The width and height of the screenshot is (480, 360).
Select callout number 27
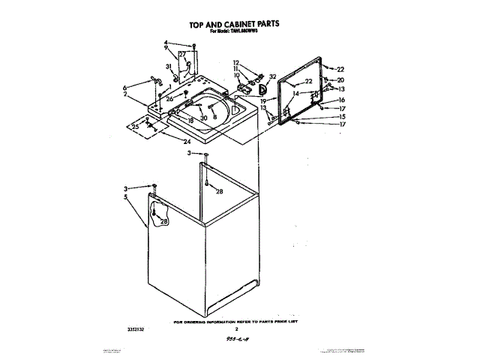coord(181,54)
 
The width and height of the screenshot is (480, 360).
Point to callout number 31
coord(169,66)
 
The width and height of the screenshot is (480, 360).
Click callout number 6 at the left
coord(125,87)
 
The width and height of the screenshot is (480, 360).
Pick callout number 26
coord(169,98)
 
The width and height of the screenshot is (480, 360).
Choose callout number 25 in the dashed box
coord(135,127)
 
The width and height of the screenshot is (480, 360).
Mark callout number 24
coord(186,142)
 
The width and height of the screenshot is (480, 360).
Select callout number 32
coord(273,76)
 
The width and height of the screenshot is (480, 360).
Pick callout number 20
coord(340,80)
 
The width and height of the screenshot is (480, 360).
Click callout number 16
coord(341,100)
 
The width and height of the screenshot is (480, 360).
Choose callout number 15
coord(340,117)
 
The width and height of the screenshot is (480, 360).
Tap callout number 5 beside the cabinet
coord(126,196)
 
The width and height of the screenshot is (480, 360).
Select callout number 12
coord(235,62)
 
